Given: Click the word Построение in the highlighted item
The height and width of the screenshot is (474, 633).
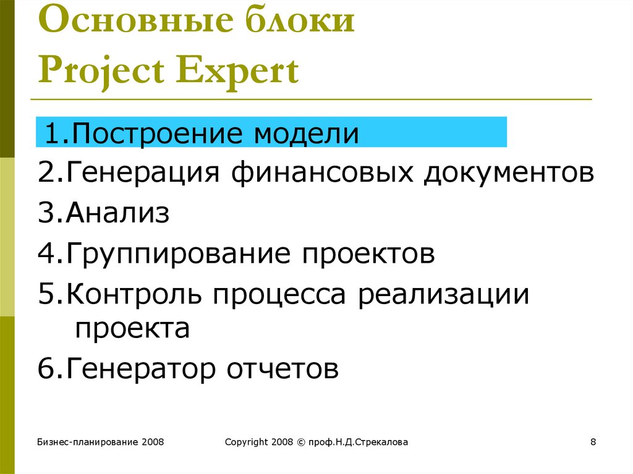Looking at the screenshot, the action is [157, 133].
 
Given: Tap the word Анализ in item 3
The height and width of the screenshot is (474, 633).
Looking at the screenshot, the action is [117, 213].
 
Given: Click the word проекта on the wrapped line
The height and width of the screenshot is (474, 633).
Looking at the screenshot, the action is [132, 329].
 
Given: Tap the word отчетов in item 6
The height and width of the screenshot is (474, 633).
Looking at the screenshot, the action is [282, 368].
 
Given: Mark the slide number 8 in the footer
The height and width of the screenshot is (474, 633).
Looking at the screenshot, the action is [593, 442].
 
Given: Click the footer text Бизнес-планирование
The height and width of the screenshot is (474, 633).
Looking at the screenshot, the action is [88, 442].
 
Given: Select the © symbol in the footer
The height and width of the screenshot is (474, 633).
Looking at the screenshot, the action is [301, 442].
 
